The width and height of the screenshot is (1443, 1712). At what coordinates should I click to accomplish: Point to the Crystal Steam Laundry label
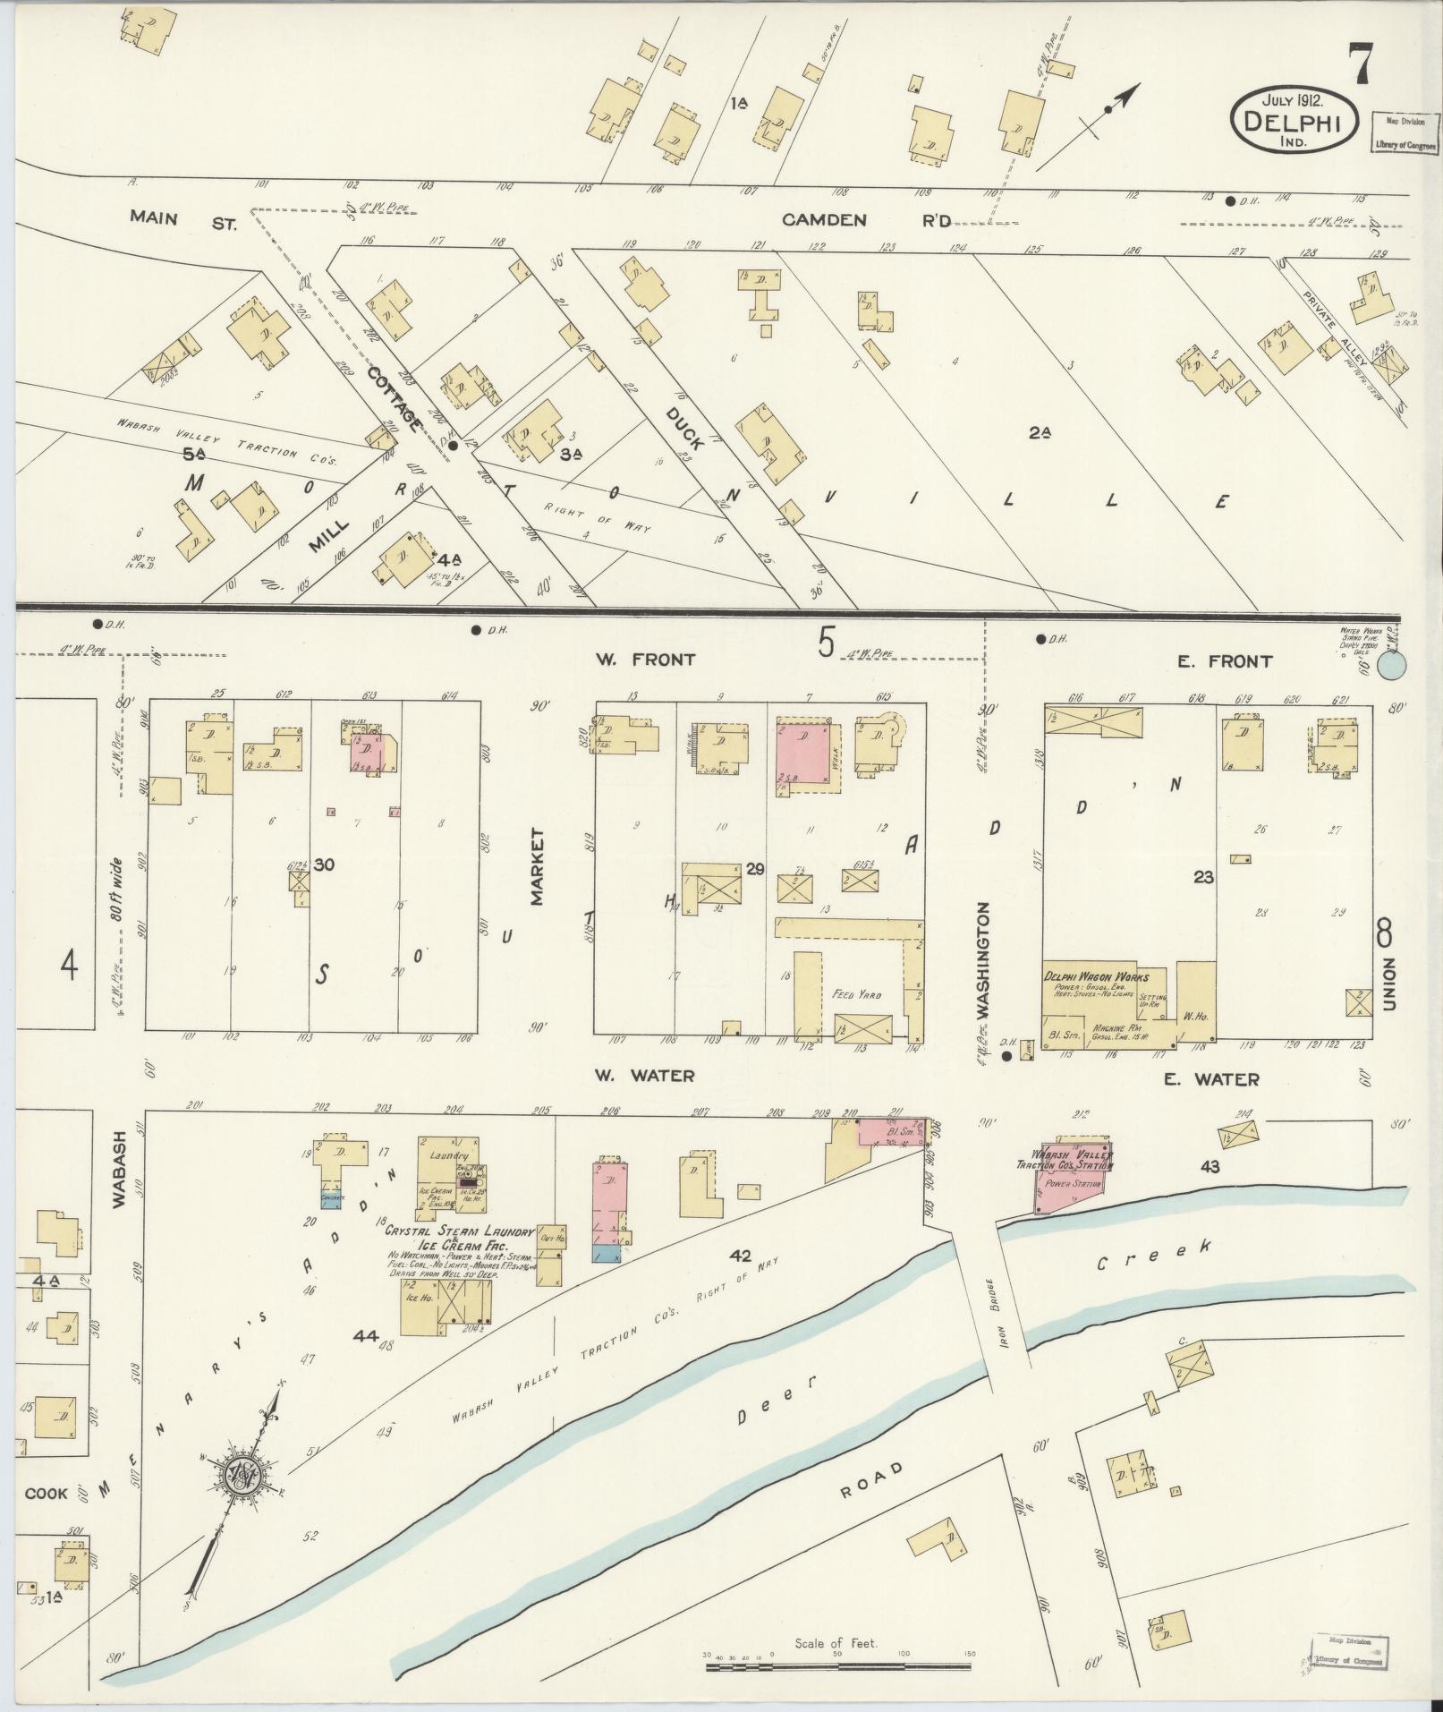pyautogui.click(x=459, y=1231)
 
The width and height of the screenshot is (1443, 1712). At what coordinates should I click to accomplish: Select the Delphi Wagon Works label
pyautogui.click(x=1095, y=975)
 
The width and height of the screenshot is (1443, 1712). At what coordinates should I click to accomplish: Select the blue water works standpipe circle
pyautogui.click(x=1391, y=665)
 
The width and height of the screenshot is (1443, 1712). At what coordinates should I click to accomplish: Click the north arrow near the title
pyautogui.click(x=1089, y=124)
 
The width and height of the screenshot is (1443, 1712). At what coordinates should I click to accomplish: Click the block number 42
pyautogui.click(x=739, y=1255)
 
